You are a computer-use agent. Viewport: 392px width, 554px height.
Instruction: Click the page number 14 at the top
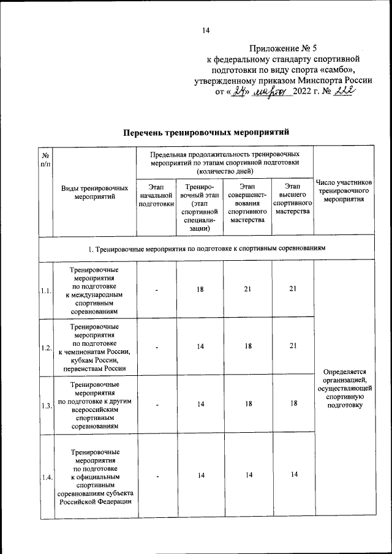(206, 31)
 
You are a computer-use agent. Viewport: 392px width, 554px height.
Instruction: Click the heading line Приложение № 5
(285, 48)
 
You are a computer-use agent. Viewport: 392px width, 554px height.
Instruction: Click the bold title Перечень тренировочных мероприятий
(205, 132)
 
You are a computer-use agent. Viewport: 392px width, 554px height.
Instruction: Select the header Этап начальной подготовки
(157, 194)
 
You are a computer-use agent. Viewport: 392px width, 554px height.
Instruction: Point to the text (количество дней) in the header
(224, 172)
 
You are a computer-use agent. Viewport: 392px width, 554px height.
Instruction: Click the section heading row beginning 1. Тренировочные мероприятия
(206, 249)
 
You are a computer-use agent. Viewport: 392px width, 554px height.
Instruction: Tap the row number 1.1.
(46, 291)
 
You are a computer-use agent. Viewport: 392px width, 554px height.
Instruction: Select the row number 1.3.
(46, 406)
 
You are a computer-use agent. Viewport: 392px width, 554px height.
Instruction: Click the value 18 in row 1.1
(200, 290)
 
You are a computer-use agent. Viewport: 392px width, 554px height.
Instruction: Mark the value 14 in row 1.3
(200, 405)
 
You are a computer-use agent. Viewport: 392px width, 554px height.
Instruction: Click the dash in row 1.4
(157, 476)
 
